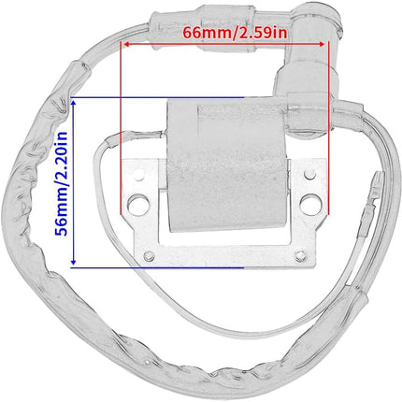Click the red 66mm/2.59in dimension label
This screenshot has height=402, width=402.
click(235, 33)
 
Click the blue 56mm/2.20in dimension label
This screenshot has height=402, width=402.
click(61, 183)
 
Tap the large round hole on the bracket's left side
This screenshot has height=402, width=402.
click(138, 203)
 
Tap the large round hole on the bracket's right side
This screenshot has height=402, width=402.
click(309, 202)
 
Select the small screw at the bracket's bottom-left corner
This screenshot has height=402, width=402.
click(150, 256)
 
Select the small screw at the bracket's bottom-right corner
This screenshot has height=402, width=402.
click(301, 255)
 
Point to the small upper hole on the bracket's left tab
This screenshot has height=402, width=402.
click(139, 175)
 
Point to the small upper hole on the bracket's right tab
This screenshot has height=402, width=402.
click(309, 175)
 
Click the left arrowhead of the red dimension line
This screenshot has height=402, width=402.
click(126, 44)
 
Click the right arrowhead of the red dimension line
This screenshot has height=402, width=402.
click(322, 44)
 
